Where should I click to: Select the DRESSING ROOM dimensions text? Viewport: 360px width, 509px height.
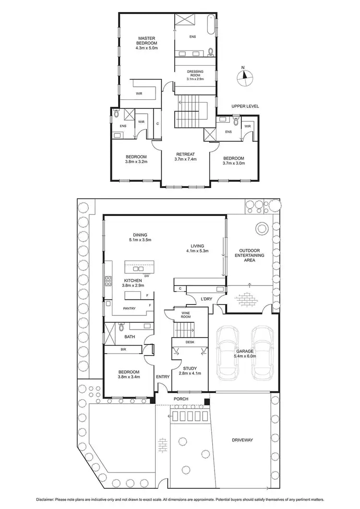[x=195, y=79]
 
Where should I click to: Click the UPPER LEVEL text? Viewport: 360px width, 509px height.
[x=245, y=106]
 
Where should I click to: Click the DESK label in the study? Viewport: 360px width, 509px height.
[x=190, y=343]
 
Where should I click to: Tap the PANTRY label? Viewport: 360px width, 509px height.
[x=129, y=308]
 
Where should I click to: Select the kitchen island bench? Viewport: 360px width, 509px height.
[x=140, y=266]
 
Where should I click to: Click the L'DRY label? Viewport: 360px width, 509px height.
[x=206, y=299]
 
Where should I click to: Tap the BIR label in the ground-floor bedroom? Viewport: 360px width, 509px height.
[x=123, y=350]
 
